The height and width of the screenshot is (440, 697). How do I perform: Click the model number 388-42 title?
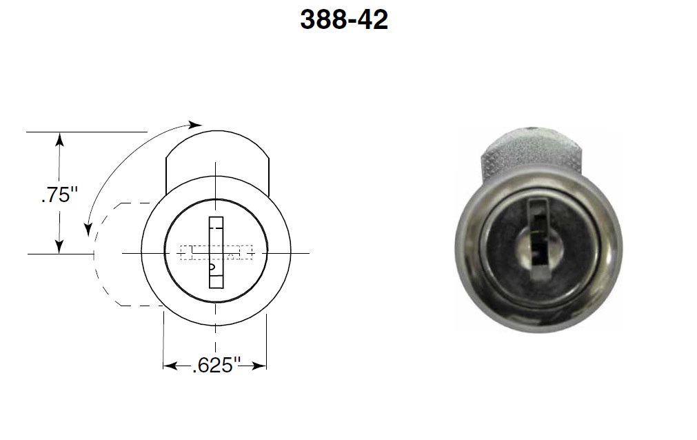tap(344, 20)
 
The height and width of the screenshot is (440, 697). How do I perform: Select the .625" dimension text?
tap(214, 366)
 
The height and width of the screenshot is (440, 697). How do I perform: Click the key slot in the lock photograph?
tap(537, 234)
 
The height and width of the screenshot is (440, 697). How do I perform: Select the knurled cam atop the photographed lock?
tap(531, 152)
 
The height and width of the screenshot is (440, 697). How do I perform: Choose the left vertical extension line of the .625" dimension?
tap(163, 338)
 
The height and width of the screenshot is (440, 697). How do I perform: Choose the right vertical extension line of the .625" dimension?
tap(266, 338)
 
